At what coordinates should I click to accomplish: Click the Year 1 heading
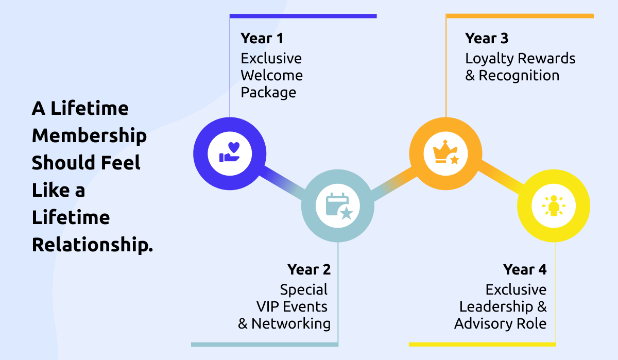262,38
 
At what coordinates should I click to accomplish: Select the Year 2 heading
309,269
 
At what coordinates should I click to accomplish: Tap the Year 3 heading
487,38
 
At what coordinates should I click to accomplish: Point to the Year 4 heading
525,269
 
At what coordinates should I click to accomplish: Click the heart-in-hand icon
230,152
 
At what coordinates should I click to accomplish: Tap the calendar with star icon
338,207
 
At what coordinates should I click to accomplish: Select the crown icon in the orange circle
445,152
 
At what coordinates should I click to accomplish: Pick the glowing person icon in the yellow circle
554,207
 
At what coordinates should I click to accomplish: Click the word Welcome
271,75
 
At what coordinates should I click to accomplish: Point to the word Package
268,93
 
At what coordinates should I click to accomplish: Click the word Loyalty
490,59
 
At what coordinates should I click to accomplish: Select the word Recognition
519,76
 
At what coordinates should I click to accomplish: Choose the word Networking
290,324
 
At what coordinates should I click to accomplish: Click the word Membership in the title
89,136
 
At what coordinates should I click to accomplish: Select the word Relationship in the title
93,245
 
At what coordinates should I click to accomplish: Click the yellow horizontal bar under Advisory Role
482,344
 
